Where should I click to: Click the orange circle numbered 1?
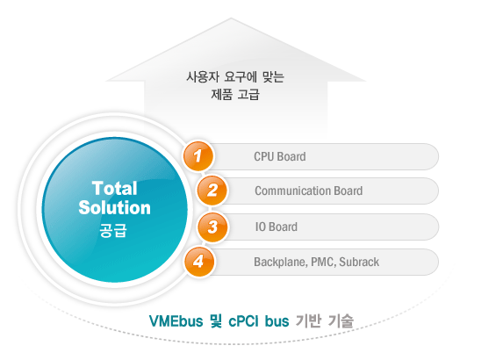pyautogui.click(x=198, y=156)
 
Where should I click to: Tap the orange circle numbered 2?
pyautogui.click(x=212, y=191)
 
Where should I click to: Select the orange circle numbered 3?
pyautogui.click(x=212, y=227)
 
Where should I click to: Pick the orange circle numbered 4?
pyautogui.click(x=199, y=261)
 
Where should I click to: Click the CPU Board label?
pyautogui.click(x=280, y=156)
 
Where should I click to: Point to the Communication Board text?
pyautogui.click(x=309, y=191)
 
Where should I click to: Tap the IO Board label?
pyautogui.click(x=277, y=227)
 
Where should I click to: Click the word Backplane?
pyautogui.click(x=281, y=263)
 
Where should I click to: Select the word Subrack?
pyautogui.click(x=359, y=262)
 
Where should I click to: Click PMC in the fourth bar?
pyautogui.click(x=323, y=263)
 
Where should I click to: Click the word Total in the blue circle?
pyautogui.click(x=114, y=188)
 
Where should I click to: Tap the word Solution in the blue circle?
pyautogui.click(x=114, y=207)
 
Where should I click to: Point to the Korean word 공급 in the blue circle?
pyautogui.click(x=113, y=230)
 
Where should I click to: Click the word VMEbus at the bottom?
pyautogui.click(x=176, y=320)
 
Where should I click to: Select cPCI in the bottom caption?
pyautogui.click(x=243, y=320)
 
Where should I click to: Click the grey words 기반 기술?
pyautogui.click(x=324, y=320)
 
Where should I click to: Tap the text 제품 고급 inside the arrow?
pyautogui.click(x=235, y=94)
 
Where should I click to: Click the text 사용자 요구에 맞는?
pyautogui.click(x=235, y=77)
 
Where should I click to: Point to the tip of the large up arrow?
pyautogui.click(x=231, y=18)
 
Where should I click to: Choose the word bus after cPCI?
pyautogui.click(x=277, y=320)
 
